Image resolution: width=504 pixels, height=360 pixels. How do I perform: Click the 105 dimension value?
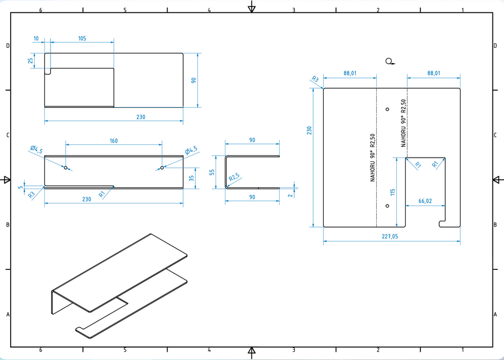click(82, 38)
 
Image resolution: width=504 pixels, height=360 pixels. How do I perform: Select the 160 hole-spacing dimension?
click(113, 141)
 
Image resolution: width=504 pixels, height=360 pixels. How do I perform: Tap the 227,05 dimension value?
click(390, 236)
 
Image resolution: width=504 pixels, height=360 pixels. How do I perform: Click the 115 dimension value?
click(392, 192)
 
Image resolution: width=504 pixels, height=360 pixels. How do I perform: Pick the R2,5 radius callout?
click(235, 178)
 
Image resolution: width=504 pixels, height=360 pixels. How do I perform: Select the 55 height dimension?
click(213, 171)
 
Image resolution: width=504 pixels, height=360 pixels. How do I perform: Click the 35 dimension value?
click(191, 178)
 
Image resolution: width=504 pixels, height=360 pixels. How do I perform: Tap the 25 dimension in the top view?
click(30, 61)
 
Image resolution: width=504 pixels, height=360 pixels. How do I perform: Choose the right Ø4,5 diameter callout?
click(191, 149)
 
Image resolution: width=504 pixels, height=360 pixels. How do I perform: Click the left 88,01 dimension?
click(350, 74)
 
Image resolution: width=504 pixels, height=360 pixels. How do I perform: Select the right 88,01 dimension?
click(434, 74)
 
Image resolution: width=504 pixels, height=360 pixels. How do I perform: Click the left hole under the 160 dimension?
click(66, 168)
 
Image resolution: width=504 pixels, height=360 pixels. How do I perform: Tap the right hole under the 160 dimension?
click(162, 168)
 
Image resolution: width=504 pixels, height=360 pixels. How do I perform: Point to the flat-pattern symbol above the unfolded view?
click(391, 61)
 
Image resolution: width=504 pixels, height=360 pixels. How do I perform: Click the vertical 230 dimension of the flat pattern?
click(309, 131)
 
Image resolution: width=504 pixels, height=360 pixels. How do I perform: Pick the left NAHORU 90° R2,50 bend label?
click(373, 157)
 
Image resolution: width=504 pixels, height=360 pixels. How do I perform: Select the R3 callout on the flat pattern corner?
click(314, 79)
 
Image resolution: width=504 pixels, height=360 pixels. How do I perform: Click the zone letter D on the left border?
click(8, 46)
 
